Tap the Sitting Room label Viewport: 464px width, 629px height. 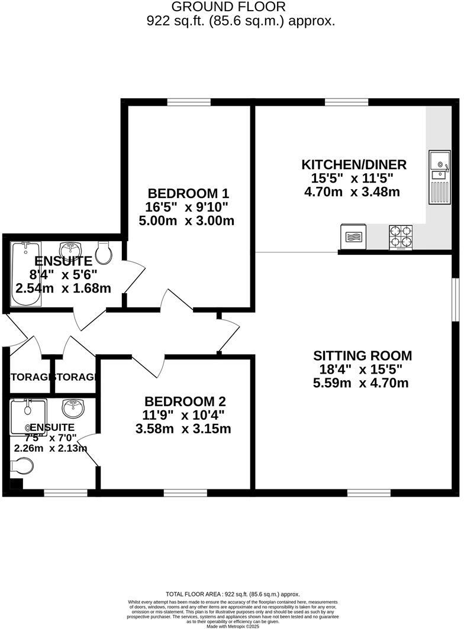click(362, 355)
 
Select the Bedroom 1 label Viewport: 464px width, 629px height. click(188, 193)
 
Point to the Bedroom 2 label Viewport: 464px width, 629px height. click(185, 401)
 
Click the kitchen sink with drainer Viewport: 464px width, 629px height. click(440, 175)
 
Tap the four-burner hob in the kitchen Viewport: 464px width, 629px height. click(401, 237)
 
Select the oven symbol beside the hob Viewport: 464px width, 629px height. click(353, 237)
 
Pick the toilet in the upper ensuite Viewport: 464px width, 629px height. click(104, 252)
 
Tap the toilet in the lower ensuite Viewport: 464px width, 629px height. click(22, 465)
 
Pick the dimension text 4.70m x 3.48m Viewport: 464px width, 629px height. click(352, 192)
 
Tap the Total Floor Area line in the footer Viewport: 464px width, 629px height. click(232, 594)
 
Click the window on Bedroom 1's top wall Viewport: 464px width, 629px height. click(189, 102)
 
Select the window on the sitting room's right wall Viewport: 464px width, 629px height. click(456, 300)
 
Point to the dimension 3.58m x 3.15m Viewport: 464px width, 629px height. click(183, 429)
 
